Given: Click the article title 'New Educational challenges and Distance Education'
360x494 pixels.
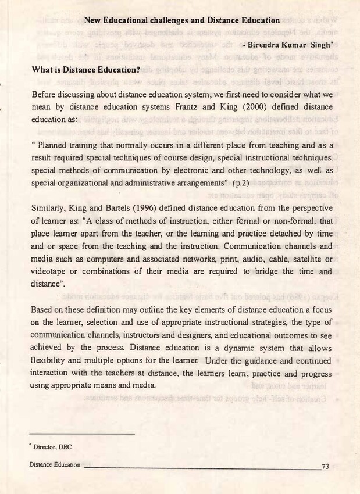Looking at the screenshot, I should pos(182,20).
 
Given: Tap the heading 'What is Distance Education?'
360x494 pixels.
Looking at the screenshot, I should pos(86,70).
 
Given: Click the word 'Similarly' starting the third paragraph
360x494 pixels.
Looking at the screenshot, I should pos(48,207).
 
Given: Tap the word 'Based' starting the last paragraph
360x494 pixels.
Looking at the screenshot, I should pos(42,309).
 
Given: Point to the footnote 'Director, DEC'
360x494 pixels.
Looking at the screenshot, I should pos(54,446).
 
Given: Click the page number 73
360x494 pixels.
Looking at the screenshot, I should pos(325,466).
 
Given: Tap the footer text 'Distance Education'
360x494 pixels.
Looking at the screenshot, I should pos(56,466).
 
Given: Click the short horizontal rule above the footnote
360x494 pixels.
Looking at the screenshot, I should pos(83,434).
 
